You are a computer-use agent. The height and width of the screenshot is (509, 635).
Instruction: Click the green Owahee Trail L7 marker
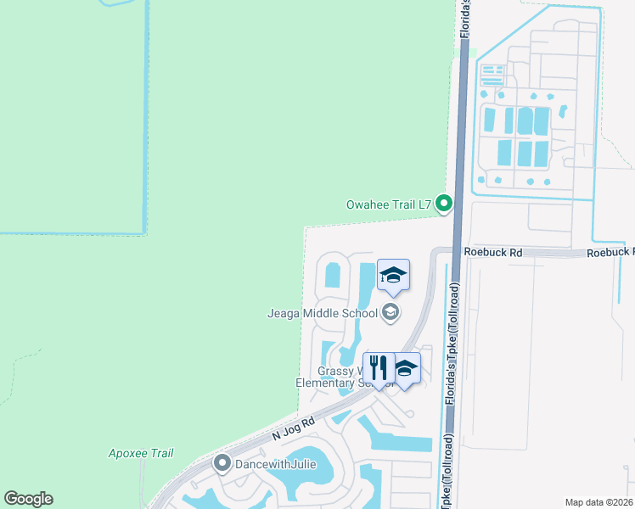443,204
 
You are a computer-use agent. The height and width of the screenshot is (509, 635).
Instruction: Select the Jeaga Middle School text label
324,313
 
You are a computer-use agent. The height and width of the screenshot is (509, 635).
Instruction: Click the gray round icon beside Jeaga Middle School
391,313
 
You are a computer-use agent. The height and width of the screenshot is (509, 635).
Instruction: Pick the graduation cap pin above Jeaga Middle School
393,275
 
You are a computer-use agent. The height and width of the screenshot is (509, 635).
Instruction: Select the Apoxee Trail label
141,453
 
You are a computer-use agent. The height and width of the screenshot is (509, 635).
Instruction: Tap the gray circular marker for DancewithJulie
222,463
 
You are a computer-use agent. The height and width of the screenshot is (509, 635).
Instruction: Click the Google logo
28,499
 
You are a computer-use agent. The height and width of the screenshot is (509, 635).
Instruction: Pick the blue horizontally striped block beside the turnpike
492,76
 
